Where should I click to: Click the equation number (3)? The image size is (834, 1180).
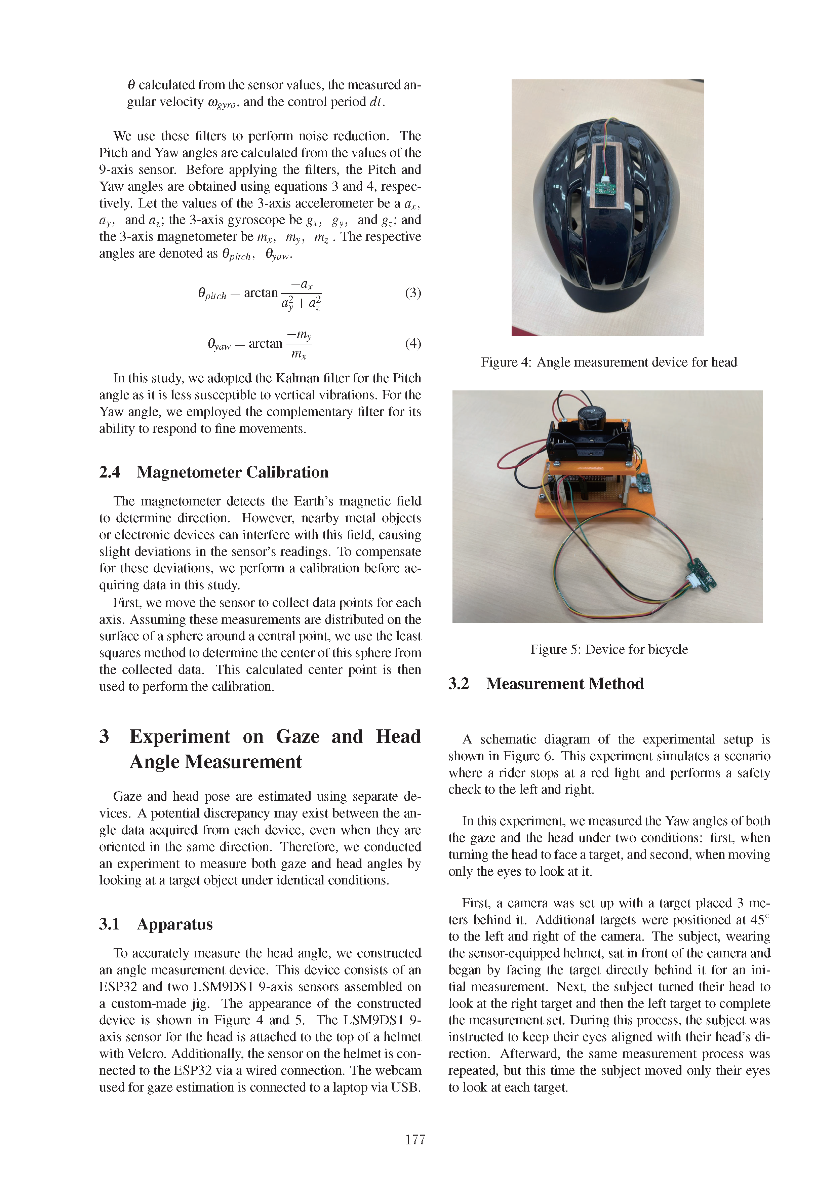(413, 293)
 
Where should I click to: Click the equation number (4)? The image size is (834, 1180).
(413, 343)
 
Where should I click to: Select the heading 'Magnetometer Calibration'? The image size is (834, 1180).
(232, 472)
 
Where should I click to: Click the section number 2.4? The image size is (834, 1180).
(110, 472)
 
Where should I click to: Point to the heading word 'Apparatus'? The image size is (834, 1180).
(175, 924)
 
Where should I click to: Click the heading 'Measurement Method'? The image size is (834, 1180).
(565, 684)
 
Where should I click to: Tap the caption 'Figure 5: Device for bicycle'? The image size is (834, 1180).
(609, 650)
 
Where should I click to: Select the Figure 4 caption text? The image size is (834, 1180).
(609, 362)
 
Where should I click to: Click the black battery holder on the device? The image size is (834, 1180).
(591, 442)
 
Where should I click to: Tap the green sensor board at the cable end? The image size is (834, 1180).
(702, 573)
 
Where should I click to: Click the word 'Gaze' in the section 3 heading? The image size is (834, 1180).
(297, 736)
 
